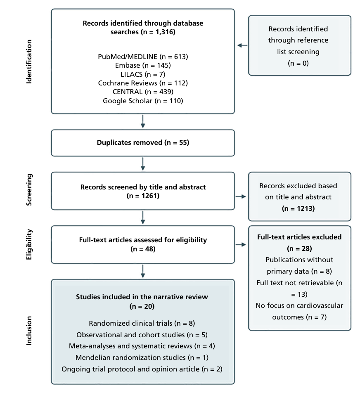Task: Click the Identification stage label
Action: (29, 62)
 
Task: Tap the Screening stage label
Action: (29, 190)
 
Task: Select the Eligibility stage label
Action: (29, 244)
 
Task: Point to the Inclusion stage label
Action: (29, 331)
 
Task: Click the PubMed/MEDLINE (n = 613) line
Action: (143, 57)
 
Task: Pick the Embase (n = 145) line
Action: (143, 65)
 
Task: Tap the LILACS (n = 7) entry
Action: (143, 74)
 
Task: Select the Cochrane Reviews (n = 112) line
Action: (143, 83)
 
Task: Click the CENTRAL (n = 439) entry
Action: (143, 92)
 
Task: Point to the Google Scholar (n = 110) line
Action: (143, 101)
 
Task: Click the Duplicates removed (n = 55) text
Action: (143, 142)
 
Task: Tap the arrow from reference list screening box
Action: (242, 45)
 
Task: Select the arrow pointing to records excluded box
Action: (241, 196)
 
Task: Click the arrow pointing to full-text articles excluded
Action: (241, 244)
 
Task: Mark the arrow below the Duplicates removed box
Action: (143, 164)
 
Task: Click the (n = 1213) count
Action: (298, 208)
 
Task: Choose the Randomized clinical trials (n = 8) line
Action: (142, 323)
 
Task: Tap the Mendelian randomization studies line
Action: (142, 357)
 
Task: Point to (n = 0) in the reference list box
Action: (298, 63)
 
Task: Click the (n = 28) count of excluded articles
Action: (299, 248)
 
